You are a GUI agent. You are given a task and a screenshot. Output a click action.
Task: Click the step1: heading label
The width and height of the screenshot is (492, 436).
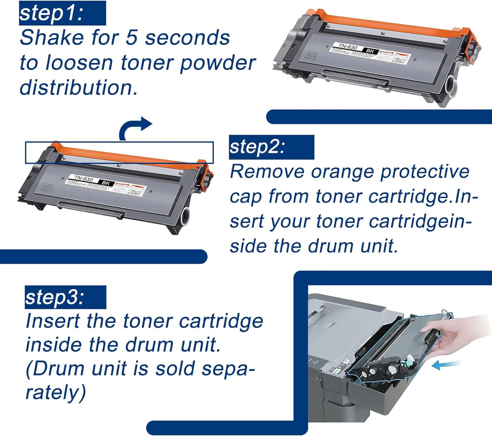[x=51, y=13]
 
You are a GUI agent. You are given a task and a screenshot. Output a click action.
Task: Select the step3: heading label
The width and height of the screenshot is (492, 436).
[x=54, y=297]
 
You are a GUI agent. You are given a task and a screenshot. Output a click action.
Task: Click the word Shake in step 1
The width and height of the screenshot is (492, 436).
[x=51, y=37]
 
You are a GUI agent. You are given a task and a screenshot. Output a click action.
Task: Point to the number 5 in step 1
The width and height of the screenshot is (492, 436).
[x=131, y=37]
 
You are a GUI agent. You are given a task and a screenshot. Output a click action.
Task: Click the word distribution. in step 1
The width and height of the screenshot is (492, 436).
[x=79, y=87]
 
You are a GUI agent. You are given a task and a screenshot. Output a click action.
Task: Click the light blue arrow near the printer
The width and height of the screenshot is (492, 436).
[x=446, y=365]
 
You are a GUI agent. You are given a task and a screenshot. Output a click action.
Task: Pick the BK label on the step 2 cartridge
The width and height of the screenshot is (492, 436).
[x=106, y=183]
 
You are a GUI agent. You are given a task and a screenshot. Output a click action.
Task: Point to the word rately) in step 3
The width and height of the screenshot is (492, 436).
[x=55, y=393]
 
